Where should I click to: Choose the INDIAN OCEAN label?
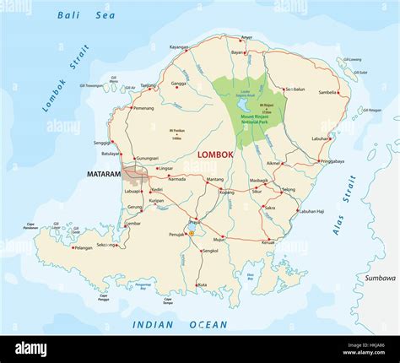pos(180,324)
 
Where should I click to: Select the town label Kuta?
pos(202,285)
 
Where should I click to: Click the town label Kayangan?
pos(179,47)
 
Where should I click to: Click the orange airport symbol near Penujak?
pos(192,233)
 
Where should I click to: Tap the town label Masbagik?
pos(258,181)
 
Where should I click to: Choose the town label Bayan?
pos(238,52)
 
